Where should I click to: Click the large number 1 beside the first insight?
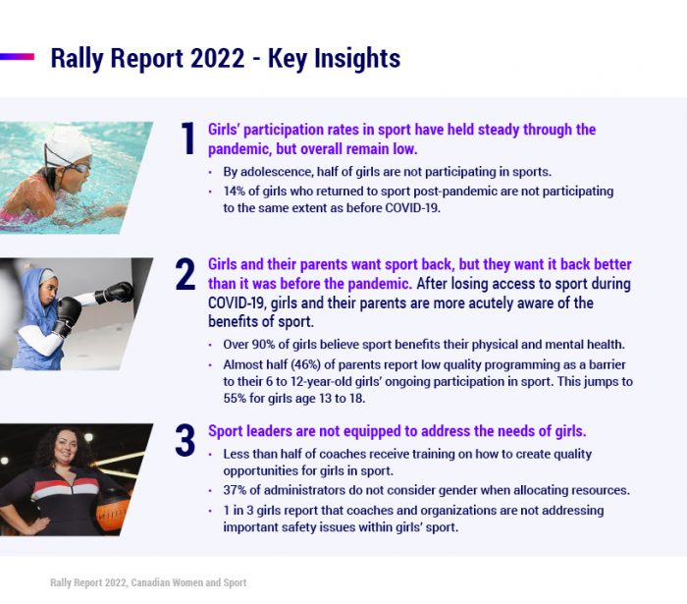(188, 138)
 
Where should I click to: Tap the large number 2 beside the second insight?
(185, 274)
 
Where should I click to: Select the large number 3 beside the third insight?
(185, 440)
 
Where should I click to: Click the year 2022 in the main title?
(217, 58)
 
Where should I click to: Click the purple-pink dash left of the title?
(17, 57)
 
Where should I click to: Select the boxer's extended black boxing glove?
(115, 293)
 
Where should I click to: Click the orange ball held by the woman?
(112, 511)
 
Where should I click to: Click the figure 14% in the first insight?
(235, 192)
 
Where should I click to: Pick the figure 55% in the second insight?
(235, 398)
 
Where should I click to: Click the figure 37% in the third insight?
(235, 490)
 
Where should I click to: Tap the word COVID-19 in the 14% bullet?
(412, 208)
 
